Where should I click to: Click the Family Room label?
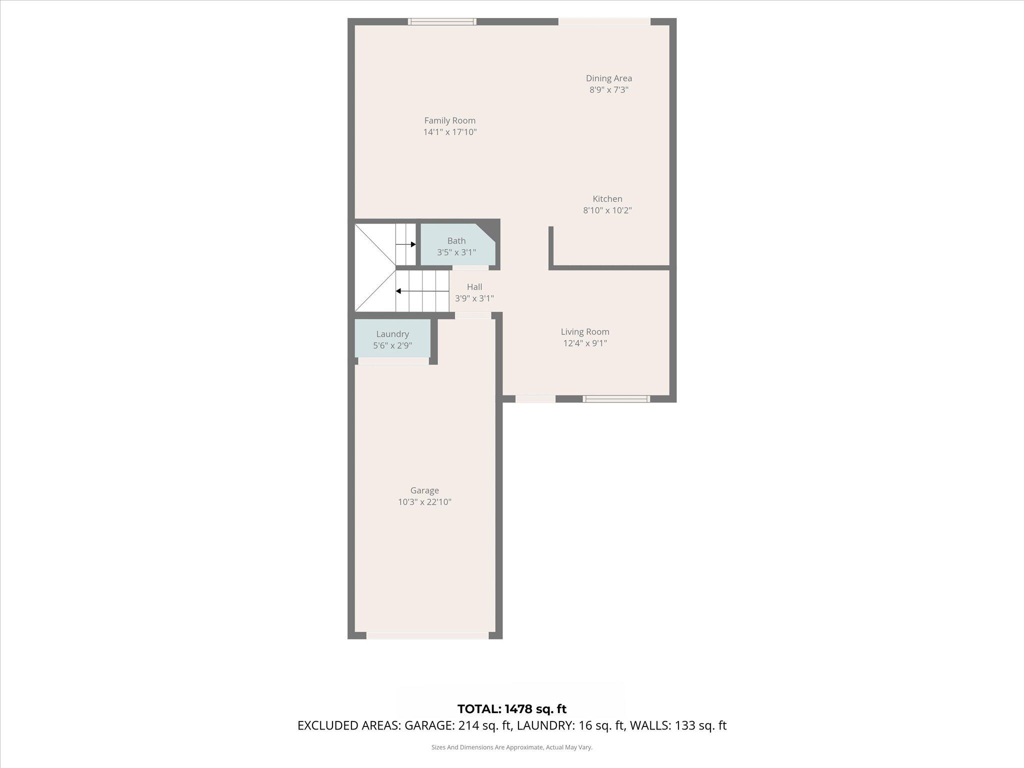(449, 120)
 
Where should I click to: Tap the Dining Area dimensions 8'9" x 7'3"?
(608, 90)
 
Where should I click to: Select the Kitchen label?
(607, 199)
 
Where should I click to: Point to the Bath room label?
(456, 241)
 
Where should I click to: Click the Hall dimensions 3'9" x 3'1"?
(474, 298)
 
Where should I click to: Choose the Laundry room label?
(392, 334)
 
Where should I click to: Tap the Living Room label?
(584, 331)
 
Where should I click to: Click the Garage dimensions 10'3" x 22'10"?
(424, 502)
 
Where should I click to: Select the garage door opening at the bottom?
(427, 635)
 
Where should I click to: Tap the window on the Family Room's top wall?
(442, 21)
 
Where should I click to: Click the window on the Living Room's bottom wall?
(616, 398)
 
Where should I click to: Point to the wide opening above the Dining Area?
(604, 21)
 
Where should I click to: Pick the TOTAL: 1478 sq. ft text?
(511, 708)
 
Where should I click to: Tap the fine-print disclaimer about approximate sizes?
(511, 747)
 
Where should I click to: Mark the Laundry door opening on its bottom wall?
(393, 361)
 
